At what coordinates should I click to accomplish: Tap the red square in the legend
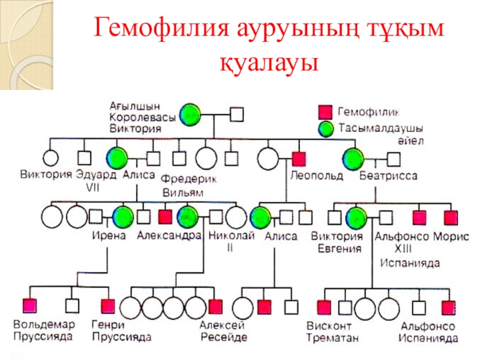325,112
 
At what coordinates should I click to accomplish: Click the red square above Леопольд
299,159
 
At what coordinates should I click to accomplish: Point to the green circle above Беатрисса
353,159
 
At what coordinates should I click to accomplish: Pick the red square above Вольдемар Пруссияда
28,307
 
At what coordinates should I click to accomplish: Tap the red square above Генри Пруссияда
108,307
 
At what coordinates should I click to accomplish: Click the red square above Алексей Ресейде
215,307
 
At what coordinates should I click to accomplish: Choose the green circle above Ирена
122,217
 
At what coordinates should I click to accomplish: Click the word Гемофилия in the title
163,29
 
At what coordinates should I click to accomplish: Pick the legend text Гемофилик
368,112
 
